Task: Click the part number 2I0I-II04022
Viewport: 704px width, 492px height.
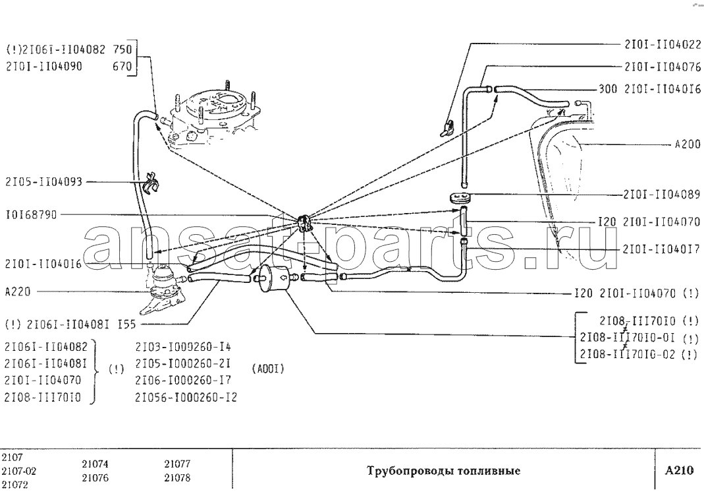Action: [x=663, y=44]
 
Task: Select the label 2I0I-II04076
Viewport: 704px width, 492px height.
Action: [x=663, y=67]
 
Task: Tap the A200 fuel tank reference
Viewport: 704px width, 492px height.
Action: [x=688, y=144]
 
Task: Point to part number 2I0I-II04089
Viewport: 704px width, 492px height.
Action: [x=662, y=195]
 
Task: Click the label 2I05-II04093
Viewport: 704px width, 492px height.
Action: [x=43, y=182]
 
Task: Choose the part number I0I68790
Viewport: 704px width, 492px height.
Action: [x=32, y=215]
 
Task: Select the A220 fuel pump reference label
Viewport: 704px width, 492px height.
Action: [x=18, y=292]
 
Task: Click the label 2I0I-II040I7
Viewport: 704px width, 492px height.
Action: [x=661, y=249]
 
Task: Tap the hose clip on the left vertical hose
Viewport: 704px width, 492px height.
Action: [x=150, y=182]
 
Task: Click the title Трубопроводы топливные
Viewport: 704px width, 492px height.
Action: [x=444, y=471]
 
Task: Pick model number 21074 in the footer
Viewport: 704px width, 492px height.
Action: [x=95, y=464]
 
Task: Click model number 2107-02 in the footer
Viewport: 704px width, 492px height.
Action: [x=19, y=472]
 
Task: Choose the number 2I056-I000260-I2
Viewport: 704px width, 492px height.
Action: [x=186, y=398]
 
